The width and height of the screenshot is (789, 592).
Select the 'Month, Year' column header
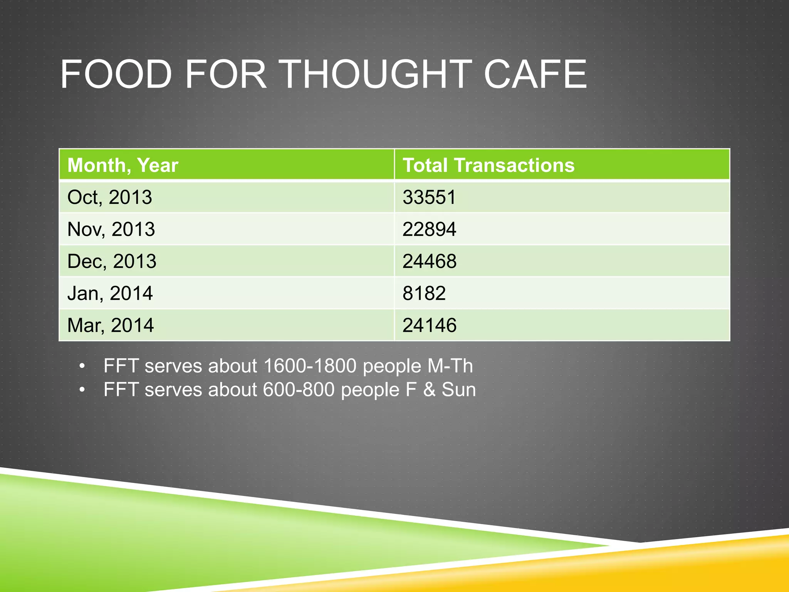tap(123, 165)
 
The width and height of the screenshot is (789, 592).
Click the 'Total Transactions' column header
tap(488, 165)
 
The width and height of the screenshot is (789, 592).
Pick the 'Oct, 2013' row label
tap(109, 197)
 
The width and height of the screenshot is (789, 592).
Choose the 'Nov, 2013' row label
tap(111, 229)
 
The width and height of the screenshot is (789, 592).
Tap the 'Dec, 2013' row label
tap(112, 261)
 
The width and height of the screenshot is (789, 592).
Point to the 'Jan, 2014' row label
tap(110, 293)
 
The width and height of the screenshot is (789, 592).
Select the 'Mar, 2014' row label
tap(110, 325)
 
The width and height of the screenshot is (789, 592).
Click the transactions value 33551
tap(429, 197)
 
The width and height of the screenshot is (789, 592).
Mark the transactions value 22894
tap(429, 229)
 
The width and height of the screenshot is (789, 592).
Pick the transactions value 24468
tap(429, 261)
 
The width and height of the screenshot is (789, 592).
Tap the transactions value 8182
tap(424, 293)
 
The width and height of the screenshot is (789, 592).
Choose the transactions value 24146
tap(429, 325)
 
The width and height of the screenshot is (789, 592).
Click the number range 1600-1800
tap(310, 366)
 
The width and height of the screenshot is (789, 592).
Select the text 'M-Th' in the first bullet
tap(450, 366)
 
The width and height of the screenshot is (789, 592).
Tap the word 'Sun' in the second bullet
tap(458, 390)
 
